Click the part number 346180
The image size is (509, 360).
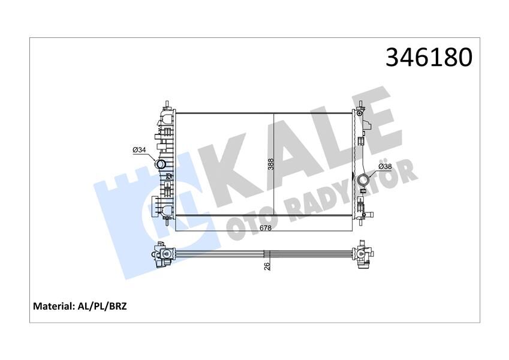click(429, 57)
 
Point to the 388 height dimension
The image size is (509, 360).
click(270, 163)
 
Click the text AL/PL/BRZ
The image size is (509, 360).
click(106, 306)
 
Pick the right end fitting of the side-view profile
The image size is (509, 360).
click(364, 254)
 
